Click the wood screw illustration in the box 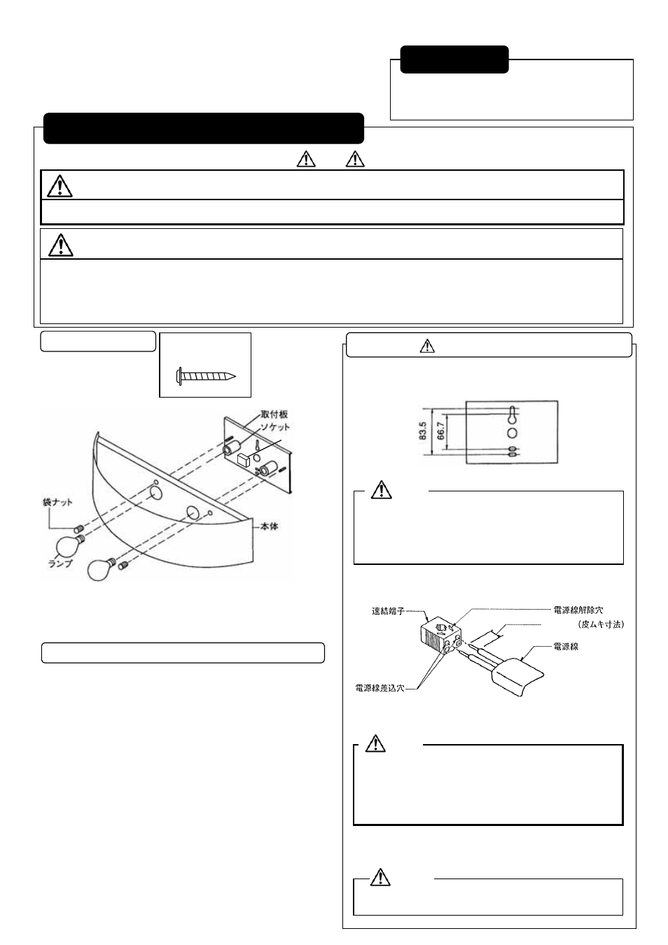[206, 375]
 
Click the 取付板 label [274, 414]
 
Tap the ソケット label [275, 426]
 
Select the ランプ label [60, 563]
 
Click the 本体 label [269, 526]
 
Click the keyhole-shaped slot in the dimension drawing [513, 416]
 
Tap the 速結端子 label [388, 610]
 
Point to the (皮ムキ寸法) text [600, 623]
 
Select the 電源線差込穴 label [380, 688]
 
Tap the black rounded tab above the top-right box [454, 59]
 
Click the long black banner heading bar [204, 128]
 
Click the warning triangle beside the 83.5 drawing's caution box [381, 490]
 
